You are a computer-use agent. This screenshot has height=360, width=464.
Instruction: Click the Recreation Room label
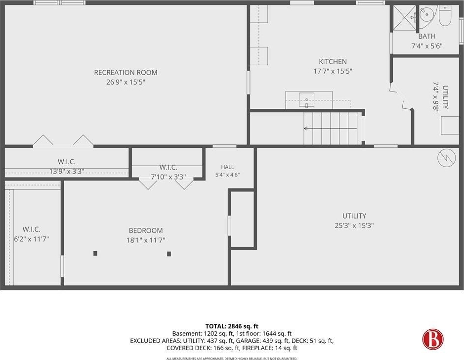pos(126,72)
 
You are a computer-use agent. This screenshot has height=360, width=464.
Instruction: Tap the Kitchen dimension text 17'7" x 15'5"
pos(333,71)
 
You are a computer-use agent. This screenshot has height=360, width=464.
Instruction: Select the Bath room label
pos(427,36)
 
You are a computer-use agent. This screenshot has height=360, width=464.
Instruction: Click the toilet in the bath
pos(444,16)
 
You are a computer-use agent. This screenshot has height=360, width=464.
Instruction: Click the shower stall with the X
pos(404,17)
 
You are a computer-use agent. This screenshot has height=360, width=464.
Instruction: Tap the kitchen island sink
pos(306,99)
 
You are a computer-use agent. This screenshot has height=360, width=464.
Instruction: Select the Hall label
pos(227,167)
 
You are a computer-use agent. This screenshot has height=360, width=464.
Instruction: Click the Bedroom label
pos(146,230)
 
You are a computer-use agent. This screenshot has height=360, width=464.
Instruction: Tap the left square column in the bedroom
pos(95,253)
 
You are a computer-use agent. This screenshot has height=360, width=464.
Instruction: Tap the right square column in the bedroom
pos(169,254)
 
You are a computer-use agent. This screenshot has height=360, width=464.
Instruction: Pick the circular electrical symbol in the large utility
pos(447,158)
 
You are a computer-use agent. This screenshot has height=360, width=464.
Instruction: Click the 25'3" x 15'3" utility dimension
pos(354,225)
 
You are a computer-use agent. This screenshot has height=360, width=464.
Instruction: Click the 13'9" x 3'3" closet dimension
pos(67,171)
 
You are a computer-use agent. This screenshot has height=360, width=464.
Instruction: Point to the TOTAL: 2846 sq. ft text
pos(232,326)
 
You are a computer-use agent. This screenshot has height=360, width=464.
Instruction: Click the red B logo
pos(433,339)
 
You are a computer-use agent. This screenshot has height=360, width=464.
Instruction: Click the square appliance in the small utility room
pos(450,125)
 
